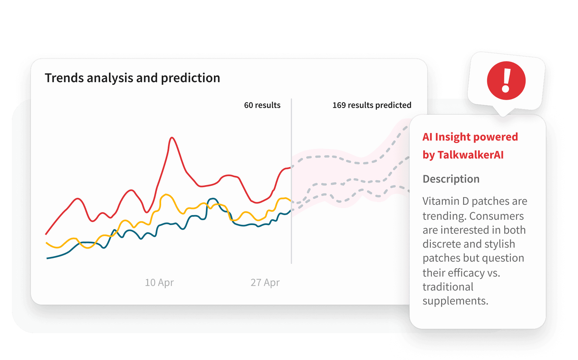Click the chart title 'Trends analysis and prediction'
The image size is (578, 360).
pos(132,78)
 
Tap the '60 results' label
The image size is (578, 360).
pos(262,105)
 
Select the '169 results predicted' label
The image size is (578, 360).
pos(372,105)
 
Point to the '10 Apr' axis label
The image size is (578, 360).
pos(159,283)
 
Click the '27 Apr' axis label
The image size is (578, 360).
pos(265,283)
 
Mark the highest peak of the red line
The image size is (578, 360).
pos(172,137)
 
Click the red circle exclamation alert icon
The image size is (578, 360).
pos(506,80)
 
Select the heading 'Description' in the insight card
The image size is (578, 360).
pos(451,179)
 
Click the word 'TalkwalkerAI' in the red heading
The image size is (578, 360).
pos(470,155)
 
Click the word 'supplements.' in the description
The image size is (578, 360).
pos(455,301)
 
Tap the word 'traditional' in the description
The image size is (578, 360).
pos(448,287)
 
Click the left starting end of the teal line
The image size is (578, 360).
pos(48,258)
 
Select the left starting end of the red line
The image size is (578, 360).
pos(46,234)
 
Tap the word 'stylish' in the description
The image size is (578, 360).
pos(499,244)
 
